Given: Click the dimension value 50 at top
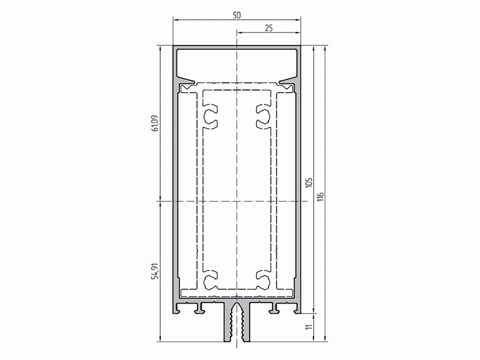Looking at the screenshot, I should pyautogui.click(x=237, y=14).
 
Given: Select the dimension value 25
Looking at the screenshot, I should pyautogui.click(x=268, y=28).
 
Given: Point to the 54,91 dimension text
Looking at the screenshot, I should pyautogui.click(x=155, y=271).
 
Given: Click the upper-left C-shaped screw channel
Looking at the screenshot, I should pyautogui.click(x=210, y=117).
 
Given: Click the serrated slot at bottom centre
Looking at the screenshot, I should pyautogui.click(x=237, y=324).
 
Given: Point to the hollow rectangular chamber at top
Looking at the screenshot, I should pyautogui.click(x=237, y=62).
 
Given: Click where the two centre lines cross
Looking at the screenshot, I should pyautogui.click(x=237, y=200).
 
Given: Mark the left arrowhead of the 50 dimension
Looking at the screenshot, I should pyautogui.click(x=175, y=20).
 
